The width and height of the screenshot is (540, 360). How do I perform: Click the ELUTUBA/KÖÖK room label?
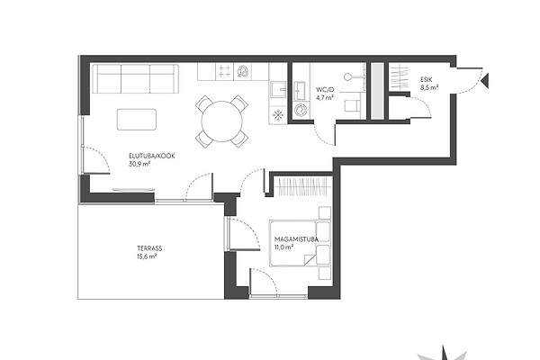(x=152, y=156)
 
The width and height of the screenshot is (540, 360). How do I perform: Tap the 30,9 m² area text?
(x=139, y=164)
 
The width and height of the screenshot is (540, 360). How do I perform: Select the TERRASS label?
(x=149, y=248)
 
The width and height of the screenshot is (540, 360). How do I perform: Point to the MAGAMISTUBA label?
(x=296, y=238)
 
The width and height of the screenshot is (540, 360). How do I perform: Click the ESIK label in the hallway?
(x=426, y=79)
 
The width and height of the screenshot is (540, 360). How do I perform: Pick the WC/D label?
(x=325, y=90)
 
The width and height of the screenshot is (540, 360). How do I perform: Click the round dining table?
(x=222, y=121)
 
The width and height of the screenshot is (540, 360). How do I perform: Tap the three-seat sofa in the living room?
(x=136, y=78)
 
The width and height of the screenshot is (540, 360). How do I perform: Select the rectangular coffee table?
(x=137, y=120)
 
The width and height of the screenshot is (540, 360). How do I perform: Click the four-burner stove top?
(x=224, y=72)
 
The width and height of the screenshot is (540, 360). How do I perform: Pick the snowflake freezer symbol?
(x=277, y=115)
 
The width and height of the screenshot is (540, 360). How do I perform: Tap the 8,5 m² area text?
(x=429, y=87)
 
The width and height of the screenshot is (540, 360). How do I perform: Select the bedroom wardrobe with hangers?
(x=302, y=186)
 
